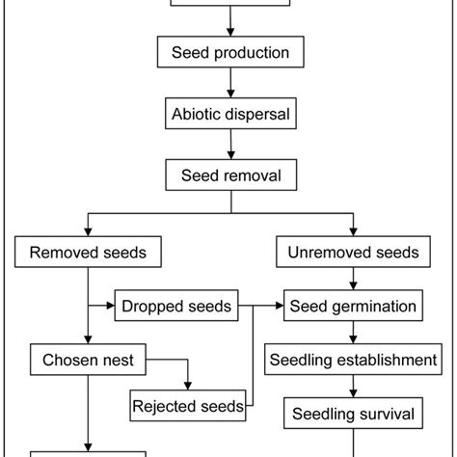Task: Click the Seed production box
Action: tap(229, 52)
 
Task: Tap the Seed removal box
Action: tap(229, 175)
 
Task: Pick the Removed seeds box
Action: tap(88, 254)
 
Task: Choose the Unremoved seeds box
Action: tap(353, 254)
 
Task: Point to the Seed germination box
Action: tap(353, 308)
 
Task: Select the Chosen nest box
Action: tap(88, 362)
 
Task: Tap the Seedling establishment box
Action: tap(353, 362)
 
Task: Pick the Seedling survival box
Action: tap(353, 415)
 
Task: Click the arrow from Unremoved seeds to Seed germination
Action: tap(353, 281)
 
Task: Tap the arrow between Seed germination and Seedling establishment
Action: tap(353, 335)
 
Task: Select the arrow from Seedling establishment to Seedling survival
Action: tap(353, 389)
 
